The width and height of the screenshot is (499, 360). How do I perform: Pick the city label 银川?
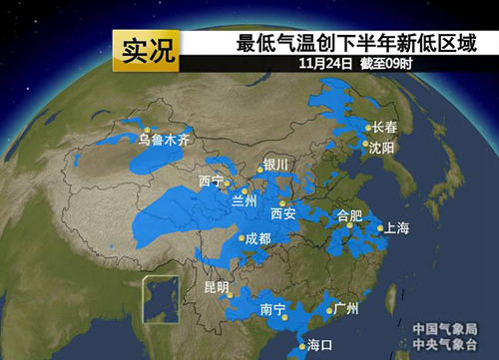(274, 164)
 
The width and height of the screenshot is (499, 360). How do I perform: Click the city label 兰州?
(244, 200)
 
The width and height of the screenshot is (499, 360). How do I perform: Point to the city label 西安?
(283, 212)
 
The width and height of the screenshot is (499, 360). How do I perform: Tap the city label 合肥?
(350, 214)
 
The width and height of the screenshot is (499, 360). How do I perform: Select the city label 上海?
(396, 228)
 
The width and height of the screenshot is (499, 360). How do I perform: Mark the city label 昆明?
(216, 287)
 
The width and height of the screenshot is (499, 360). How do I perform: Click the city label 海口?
(318, 345)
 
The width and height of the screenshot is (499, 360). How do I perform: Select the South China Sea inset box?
(160, 299)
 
